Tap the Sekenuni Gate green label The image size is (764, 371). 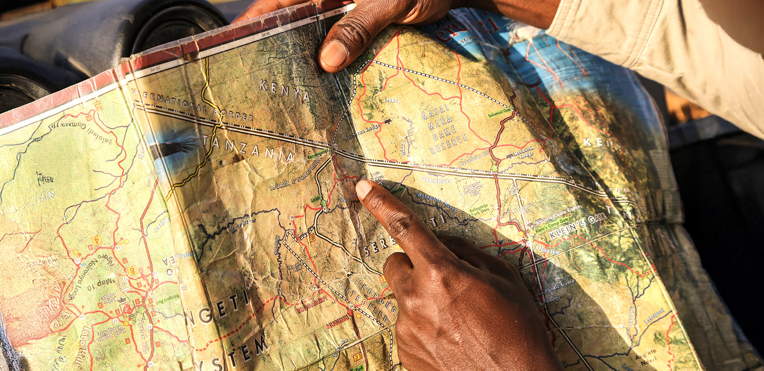point(499,113)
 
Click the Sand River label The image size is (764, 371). point(437,180)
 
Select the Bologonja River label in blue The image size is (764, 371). point(437,201)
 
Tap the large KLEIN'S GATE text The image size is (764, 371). point(578,226)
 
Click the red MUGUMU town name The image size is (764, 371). point(338,322)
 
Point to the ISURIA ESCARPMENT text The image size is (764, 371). point(295,174)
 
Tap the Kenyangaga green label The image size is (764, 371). point(318,154)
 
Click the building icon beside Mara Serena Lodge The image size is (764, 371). point(388,121)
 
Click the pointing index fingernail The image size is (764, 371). point(363,188)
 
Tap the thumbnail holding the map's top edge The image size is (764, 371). point(334,54)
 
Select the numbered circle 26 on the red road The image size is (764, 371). point(292,217)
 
